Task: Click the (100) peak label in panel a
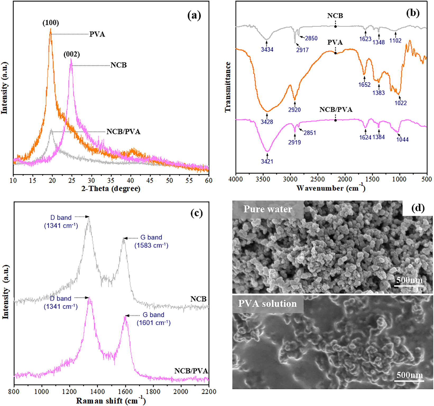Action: pyautogui.click(x=50, y=23)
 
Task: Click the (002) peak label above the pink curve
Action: pyautogui.click(x=72, y=54)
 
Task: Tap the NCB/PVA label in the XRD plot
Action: pyautogui.click(x=123, y=132)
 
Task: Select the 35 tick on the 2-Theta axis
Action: pyautogui.click(x=111, y=180)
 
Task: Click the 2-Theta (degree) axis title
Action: pyautogui.click(x=111, y=189)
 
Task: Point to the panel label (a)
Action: pyautogui.click(x=194, y=16)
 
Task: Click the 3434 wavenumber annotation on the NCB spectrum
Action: pyautogui.click(x=267, y=49)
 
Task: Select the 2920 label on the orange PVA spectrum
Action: pyautogui.click(x=294, y=110)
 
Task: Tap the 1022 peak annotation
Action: pyautogui.click(x=401, y=103)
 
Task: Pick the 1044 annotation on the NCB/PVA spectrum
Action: pyautogui.click(x=402, y=139)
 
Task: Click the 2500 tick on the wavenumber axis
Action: pyautogui.click(x=317, y=179)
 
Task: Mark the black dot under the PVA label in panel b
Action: pyautogui.click(x=335, y=53)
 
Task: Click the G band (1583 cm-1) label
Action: pyautogui.click(x=151, y=241)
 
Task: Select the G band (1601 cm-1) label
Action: pyautogui.click(x=154, y=319)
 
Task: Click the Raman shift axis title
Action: pyautogui.click(x=111, y=400)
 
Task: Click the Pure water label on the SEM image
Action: pyautogui.click(x=268, y=209)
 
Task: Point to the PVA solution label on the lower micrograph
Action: pyautogui.click(x=267, y=304)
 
